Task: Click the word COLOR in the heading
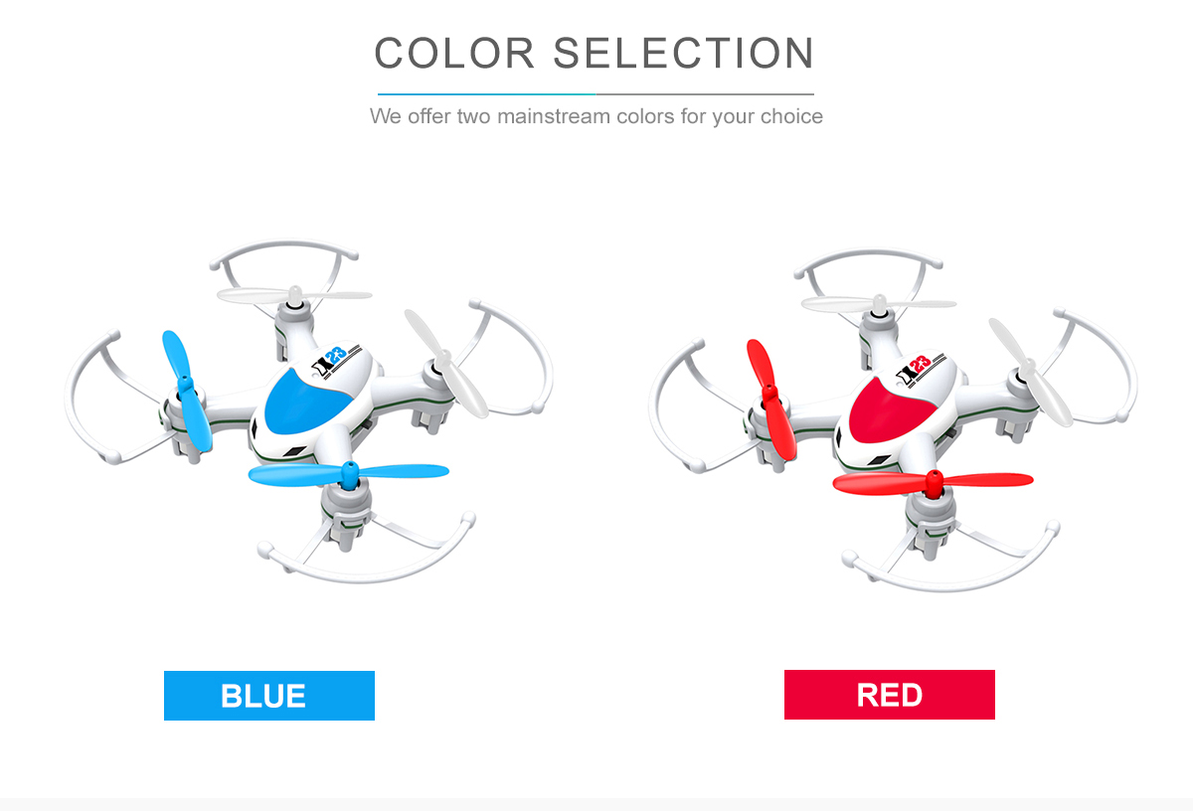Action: pos(454,54)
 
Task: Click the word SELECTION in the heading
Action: pos(684,54)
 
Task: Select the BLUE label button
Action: pos(269,696)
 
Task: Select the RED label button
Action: pos(890,695)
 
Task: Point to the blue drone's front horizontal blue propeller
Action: pos(349,473)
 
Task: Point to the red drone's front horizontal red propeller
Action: pos(934,482)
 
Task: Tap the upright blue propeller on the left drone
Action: pos(187,391)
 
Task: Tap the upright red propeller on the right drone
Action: pos(771,400)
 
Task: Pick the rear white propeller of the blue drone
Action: pos(294,294)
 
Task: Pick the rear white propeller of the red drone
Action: pos(879,303)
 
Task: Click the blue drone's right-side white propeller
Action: pos(445,363)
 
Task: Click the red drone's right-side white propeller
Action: pos(1031,373)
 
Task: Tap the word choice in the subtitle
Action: pos(791,116)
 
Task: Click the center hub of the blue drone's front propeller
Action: pos(349,474)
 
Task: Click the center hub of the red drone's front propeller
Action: pos(934,483)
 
